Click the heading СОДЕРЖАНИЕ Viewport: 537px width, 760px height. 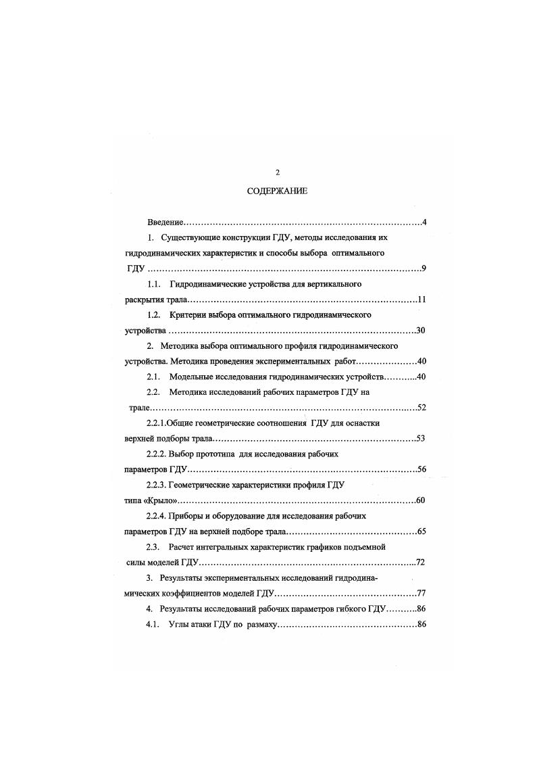point(277,191)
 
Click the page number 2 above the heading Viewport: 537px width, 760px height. point(277,172)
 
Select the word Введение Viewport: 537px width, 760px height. point(165,222)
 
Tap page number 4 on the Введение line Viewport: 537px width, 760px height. point(423,222)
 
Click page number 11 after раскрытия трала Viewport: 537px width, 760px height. point(421,300)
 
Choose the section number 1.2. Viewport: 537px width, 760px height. point(154,315)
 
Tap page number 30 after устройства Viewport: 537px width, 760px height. point(420,331)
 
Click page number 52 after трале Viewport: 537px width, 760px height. point(421,408)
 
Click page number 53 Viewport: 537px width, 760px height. point(420,439)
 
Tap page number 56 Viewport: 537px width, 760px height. point(421,469)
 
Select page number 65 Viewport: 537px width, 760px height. point(421,531)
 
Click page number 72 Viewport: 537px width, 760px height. point(420,563)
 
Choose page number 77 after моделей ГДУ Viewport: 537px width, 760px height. point(420,594)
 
